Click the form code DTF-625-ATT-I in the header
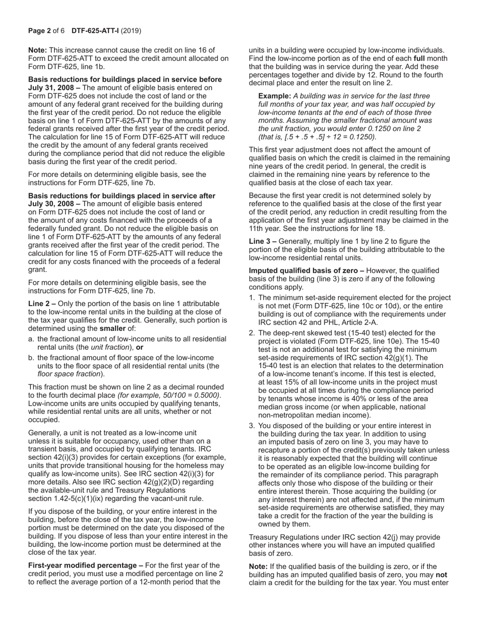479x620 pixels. pyautogui.click(x=95, y=31)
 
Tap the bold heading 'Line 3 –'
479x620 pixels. pyautogui.click(x=262, y=241)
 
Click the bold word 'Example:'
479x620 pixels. pyautogui.click(x=274, y=96)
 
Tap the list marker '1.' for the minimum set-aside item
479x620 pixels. pyautogui.click(x=252, y=298)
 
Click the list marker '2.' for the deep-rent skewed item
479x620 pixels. pyautogui.click(x=252, y=333)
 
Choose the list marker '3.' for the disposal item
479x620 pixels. pyautogui.click(x=252, y=426)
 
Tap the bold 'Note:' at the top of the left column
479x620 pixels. pyautogui.click(x=38, y=50)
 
